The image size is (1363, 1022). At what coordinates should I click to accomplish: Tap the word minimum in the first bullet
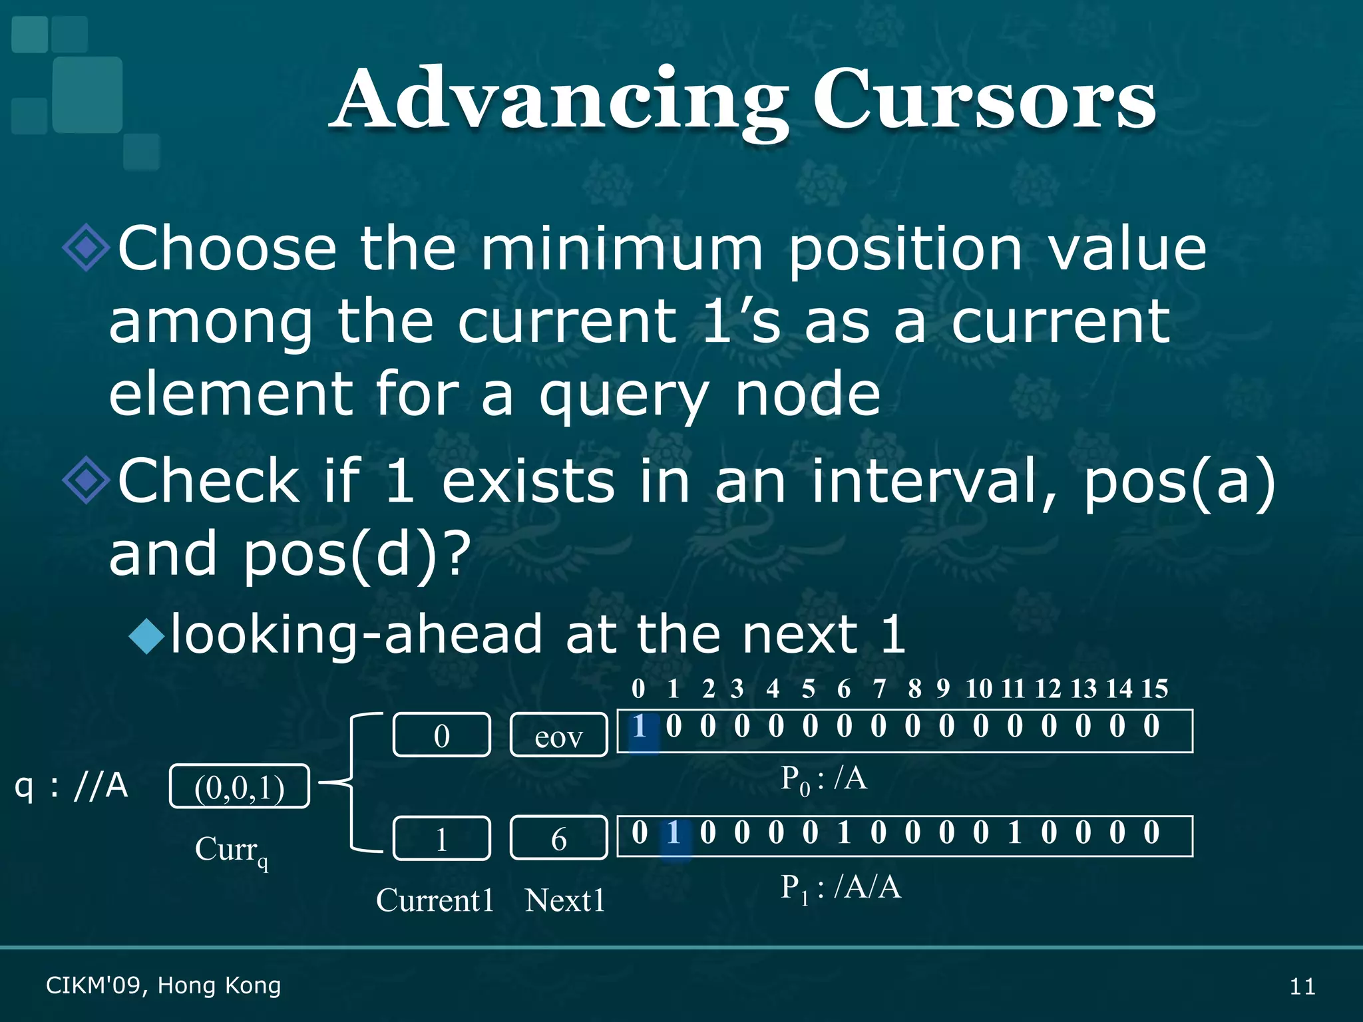(622, 250)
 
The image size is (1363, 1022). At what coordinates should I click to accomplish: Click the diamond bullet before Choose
(87, 248)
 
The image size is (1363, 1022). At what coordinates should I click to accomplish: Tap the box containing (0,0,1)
(240, 786)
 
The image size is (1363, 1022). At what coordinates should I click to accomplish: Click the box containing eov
(558, 735)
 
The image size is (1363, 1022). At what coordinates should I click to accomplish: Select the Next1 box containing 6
(558, 838)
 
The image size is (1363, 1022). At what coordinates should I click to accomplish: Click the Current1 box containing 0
(442, 735)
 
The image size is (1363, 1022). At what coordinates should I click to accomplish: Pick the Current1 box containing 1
(442, 838)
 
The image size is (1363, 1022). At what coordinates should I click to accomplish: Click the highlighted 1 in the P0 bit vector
(640, 727)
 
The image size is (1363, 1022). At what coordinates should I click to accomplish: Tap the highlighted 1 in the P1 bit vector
(674, 833)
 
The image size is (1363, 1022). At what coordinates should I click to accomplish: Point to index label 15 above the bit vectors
(1155, 689)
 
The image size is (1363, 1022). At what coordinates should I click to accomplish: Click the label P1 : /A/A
(841, 888)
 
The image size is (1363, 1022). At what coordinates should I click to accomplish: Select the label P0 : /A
(823, 778)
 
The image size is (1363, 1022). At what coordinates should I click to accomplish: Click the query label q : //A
(71, 786)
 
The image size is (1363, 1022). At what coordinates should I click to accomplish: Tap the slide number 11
(1302, 986)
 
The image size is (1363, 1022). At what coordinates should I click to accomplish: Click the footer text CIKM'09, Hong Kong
(163, 985)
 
